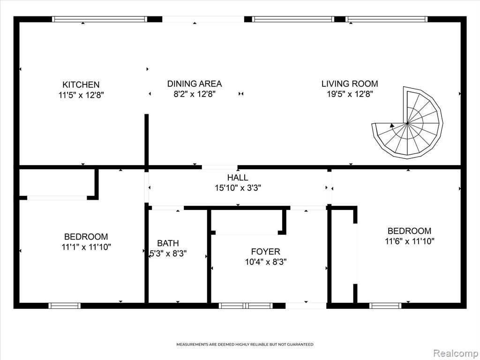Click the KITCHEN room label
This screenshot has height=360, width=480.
point(81,85)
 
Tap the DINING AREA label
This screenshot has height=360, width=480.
point(195,83)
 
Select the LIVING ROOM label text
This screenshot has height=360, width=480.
point(350,83)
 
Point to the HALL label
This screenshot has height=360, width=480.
point(238,178)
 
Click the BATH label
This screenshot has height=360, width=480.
point(168,243)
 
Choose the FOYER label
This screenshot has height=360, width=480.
point(265,252)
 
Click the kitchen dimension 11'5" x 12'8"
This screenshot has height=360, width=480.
point(81,95)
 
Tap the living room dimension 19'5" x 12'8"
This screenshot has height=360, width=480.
point(350,94)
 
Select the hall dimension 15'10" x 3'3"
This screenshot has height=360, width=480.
point(238,188)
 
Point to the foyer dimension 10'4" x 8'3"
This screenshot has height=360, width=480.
point(265,262)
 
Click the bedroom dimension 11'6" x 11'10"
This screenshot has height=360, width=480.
point(409,241)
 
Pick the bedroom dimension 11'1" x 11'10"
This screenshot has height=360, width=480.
point(86,247)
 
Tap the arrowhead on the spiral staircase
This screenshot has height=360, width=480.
point(392,125)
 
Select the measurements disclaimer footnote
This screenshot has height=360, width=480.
point(245,345)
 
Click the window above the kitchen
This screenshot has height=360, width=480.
point(99,19)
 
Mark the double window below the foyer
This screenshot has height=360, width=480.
point(246,306)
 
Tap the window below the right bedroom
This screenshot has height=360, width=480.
point(385,306)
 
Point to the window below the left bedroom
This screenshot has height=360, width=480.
point(65,306)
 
